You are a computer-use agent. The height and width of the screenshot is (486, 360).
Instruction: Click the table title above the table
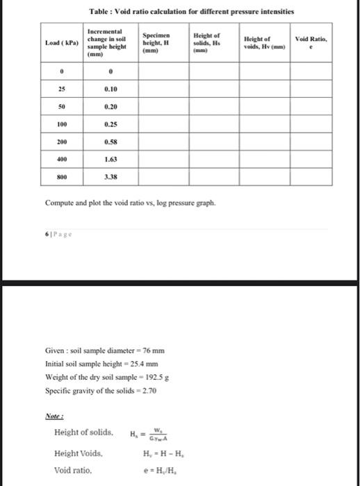click(x=192, y=12)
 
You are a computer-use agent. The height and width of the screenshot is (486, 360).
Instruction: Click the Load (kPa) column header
click(x=61, y=43)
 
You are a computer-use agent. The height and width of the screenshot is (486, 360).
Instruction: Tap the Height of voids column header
click(x=265, y=43)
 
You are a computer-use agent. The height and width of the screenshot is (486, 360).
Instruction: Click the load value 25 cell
click(x=61, y=90)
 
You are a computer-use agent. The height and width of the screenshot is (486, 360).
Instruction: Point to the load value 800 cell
click(x=61, y=176)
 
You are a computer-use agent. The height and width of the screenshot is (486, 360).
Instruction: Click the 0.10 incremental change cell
click(x=110, y=90)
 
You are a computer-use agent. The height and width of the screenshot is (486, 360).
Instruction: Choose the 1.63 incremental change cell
click(x=110, y=158)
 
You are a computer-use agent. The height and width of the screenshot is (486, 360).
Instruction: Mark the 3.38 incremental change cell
click(x=110, y=176)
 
